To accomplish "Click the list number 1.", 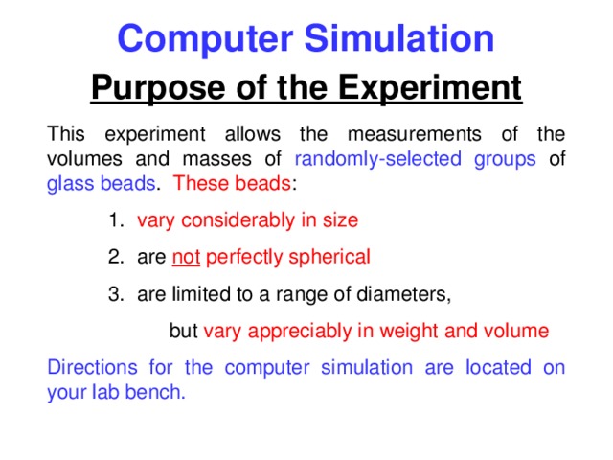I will coord(114,220).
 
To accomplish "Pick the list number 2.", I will coord(114,257).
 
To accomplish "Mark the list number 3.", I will coord(114,294).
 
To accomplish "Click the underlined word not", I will coord(186,257).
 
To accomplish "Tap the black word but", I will coord(183,332).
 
